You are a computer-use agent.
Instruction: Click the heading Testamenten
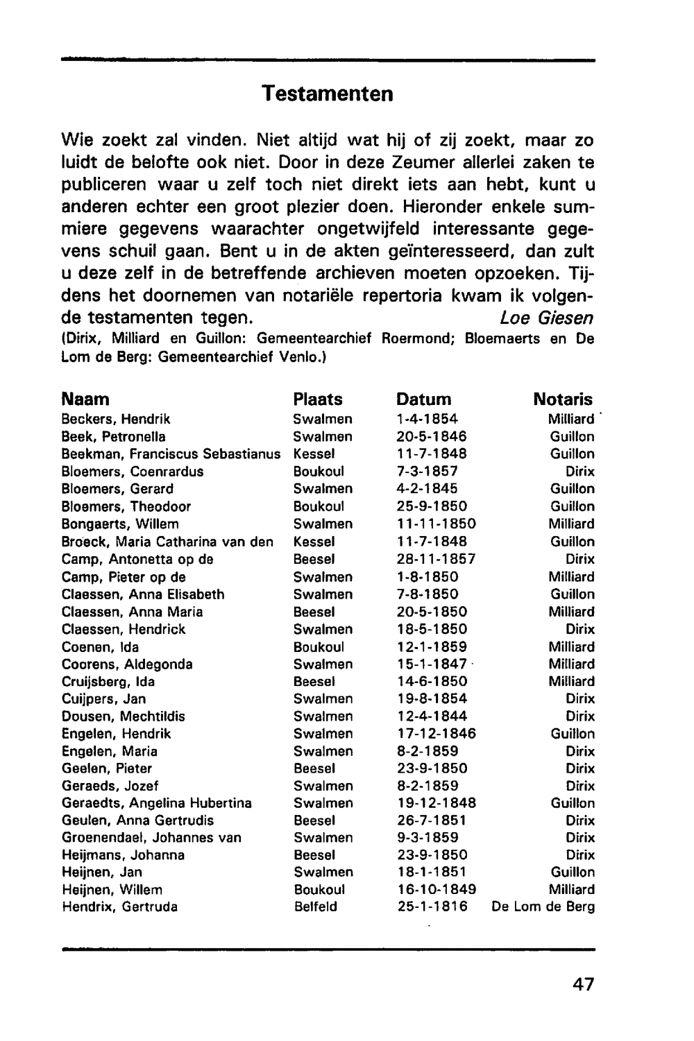coord(328,94)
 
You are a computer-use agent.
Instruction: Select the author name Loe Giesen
coord(546,318)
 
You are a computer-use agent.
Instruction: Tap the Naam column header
coord(85,399)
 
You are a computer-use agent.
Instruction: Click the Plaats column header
coord(318,399)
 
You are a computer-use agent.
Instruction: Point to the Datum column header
coord(423,399)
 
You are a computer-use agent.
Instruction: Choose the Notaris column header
coord(563,399)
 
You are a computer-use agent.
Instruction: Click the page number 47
coord(584,984)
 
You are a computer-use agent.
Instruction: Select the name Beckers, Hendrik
coord(116,420)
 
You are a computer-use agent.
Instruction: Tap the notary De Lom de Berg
coord(543,907)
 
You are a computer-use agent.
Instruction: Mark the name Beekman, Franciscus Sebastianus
coord(171,454)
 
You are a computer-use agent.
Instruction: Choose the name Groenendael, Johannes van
coord(151,838)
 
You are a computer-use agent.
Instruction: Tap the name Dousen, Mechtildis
coord(123,716)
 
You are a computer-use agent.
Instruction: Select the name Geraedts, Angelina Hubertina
coord(156,803)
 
